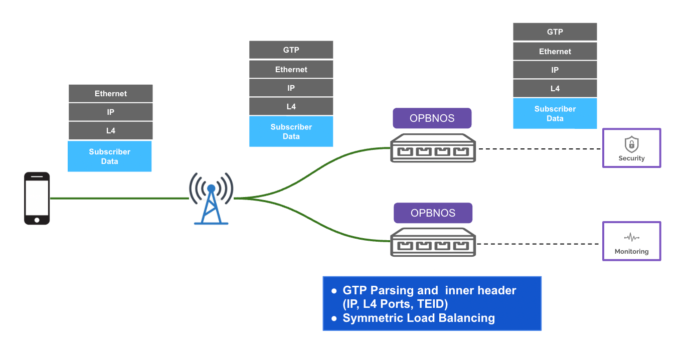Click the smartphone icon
[x=37, y=199]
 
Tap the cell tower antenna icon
[x=211, y=199]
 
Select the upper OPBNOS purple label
[x=432, y=118]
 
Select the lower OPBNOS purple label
[x=433, y=213]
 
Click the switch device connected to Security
[x=433, y=148]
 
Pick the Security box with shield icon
[x=631, y=148]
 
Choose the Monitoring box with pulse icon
[x=631, y=241]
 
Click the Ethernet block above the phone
[x=111, y=94]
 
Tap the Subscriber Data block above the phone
[x=110, y=156]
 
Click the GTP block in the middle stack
[x=291, y=50]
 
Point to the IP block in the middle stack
[x=291, y=88]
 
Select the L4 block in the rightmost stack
[x=555, y=89]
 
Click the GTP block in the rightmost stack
[x=555, y=32]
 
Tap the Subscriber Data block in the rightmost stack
[x=555, y=114]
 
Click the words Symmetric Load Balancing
[x=419, y=318]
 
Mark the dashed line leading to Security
[x=539, y=149]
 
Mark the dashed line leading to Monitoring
[x=539, y=244]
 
